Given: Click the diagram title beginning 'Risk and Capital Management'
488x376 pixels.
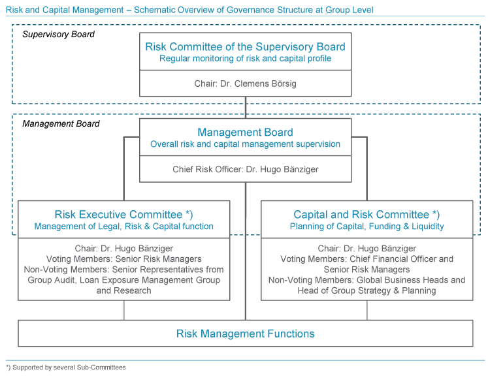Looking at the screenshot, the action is tap(189, 10).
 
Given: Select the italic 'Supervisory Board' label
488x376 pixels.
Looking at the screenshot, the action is tap(59, 34).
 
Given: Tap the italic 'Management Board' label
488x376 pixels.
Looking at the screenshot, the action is tap(61, 124).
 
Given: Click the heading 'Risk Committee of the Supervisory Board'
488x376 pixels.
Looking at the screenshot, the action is tap(245, 46).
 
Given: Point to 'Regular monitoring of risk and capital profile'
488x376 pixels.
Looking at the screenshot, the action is tap(245, 59).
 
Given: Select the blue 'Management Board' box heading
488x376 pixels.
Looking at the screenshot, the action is tap(245, 132).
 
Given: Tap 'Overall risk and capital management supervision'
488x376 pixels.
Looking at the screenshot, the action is tap(245, 144).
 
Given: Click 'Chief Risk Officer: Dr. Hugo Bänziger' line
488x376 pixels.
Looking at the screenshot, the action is tap(246, 169).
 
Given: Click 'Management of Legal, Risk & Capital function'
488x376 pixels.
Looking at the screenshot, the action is tap(124, 227).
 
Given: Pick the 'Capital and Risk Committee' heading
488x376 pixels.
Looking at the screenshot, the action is tap(361, 215).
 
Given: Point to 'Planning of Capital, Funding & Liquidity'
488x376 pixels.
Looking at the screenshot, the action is tap(367, 227).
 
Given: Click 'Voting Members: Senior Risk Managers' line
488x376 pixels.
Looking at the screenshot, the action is tap(124, 259).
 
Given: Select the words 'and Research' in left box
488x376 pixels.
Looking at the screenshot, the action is tap(124, 290).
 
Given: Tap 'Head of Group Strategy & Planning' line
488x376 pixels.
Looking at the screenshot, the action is tap(367, 290).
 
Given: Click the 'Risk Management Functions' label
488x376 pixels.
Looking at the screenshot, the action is tap(245, 334).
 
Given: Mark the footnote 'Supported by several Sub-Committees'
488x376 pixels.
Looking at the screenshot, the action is tap(69, 368).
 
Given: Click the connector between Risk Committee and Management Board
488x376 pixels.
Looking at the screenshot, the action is tap(246, 107).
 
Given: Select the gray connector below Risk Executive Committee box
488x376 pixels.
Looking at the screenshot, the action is tap(124, 310).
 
